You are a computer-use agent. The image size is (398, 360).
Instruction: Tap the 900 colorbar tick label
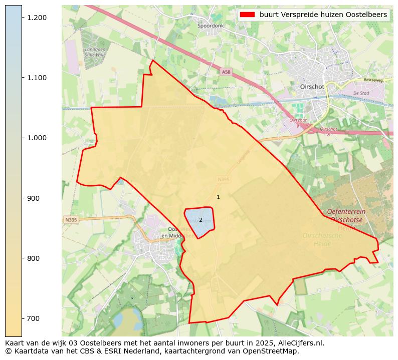pos(33,198)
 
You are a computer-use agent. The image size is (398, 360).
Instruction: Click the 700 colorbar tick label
pos(33,318)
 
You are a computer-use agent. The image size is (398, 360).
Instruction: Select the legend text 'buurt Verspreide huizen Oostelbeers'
pos(323,15)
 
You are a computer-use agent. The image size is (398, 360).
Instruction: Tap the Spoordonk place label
pos(211,26)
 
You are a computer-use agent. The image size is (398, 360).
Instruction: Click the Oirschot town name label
pos(312,87)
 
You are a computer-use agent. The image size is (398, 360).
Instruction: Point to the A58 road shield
pos(227,72)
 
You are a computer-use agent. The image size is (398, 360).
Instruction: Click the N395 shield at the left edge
pos(71,220)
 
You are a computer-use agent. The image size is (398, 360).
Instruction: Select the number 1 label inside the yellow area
pos(218,197)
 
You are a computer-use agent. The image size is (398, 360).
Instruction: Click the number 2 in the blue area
pos(201,220)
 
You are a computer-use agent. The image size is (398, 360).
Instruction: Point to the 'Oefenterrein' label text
pos(346,212)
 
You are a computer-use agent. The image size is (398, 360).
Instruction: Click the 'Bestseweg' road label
pos(373,80)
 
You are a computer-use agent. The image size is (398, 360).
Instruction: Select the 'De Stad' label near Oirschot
pos(361,93)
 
